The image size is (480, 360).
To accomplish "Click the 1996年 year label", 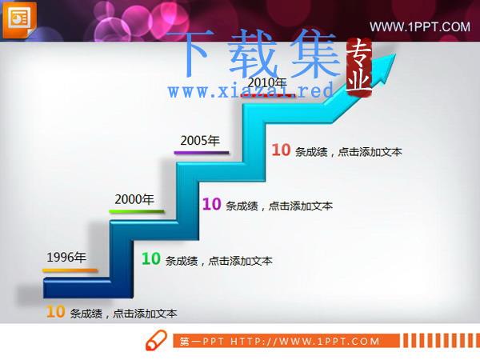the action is [x=66, y=258].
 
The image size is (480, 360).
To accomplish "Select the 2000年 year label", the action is [x=134, y=199].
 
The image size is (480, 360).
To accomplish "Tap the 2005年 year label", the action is [x=200, y=141].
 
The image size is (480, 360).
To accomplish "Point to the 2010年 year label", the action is [x=267, y=82].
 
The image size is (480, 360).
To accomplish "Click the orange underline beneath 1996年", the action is [x=70, y=270].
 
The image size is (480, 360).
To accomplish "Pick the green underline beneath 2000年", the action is [x=137, y=211].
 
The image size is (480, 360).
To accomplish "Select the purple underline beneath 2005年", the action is [x=202, y=152].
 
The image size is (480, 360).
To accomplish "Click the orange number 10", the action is [x=55, y=312].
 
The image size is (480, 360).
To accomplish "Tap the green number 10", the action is [x=151, y=258].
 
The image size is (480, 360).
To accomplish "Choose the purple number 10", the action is [x=211, y=204].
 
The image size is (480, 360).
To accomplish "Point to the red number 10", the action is [x=281, y=150].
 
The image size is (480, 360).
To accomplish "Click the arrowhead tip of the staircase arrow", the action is [x=396, y=54].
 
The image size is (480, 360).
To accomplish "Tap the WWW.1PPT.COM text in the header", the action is [x=420, y=27].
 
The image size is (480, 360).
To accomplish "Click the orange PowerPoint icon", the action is [x=19, y=20].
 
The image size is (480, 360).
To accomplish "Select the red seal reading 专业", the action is [x=359, y=67].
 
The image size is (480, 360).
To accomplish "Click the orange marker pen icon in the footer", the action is [x=156, y=340].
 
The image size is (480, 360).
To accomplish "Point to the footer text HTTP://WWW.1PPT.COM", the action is [x=305, y=341].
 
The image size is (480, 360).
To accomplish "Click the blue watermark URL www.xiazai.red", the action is [x=250, y=90].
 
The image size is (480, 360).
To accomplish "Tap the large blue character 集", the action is [x=315, y=53].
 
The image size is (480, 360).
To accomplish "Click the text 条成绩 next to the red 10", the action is [x=311, y=152].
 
